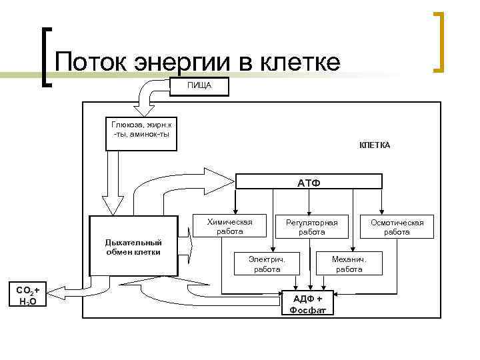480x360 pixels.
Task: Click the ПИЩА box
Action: [199, 86]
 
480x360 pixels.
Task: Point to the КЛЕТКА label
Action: [375, 145]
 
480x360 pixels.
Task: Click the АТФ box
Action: [308, 181]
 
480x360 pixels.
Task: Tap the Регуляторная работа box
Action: [312, 227]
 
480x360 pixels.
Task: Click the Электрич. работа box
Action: [267, 263]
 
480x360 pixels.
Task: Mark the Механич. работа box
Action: [349, 263]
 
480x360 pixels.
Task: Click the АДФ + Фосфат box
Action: [307, 304]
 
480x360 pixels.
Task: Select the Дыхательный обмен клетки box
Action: [133, 246]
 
